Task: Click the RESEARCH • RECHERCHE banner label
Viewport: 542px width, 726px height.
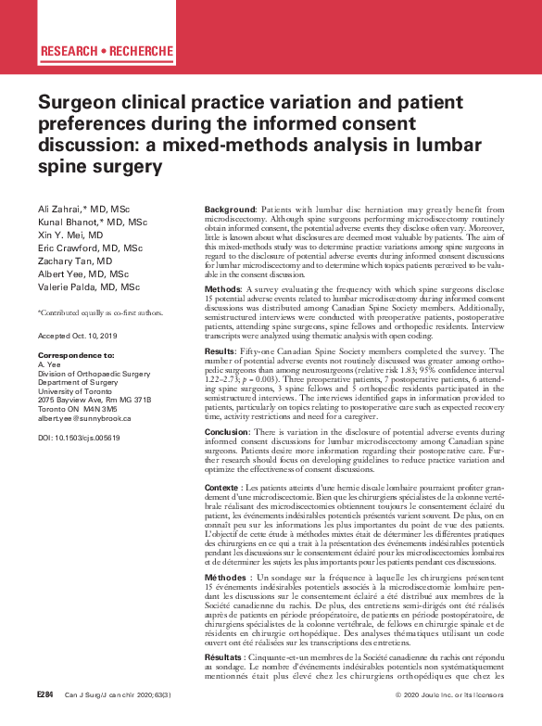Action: point(107,50)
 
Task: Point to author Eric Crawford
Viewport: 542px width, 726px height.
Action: point(65,248)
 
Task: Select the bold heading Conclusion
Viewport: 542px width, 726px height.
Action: point(227,431)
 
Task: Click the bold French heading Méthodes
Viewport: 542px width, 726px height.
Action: point(225,577)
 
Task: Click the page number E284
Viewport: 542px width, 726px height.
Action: point(45,719)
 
